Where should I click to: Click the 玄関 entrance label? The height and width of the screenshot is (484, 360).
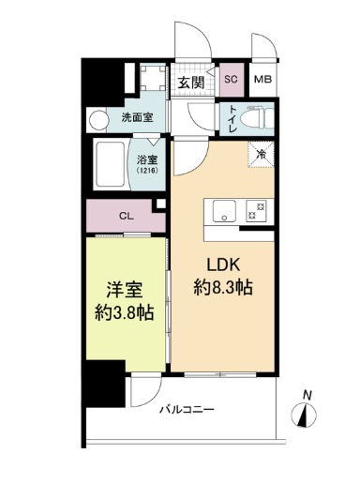[190, 83]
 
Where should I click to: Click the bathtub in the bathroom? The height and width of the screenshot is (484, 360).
[111, 166]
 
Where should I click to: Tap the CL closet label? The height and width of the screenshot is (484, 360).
[126, 216]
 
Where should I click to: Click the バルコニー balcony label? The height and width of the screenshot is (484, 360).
[187, 410]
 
